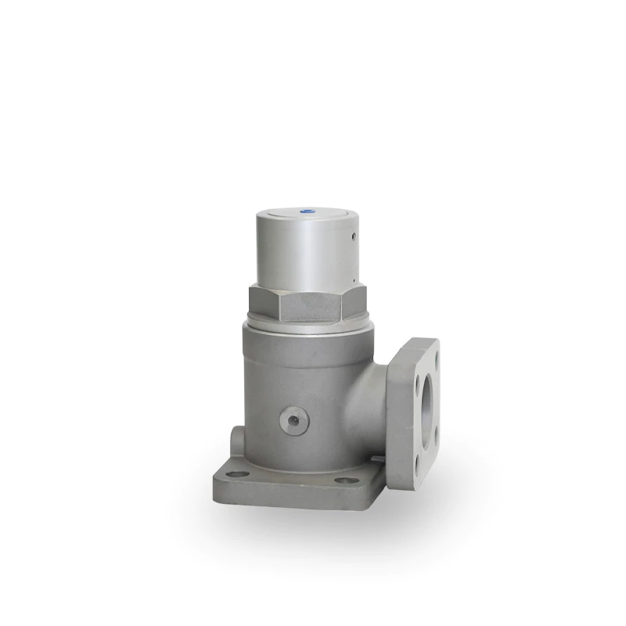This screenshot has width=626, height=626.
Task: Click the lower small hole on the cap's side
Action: [355, 277]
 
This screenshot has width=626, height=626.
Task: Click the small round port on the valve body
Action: [294, 421]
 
